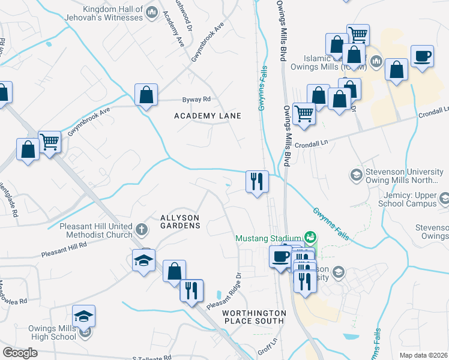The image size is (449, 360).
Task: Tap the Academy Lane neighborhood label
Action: [207, 116]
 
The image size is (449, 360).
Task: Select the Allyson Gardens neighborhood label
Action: [179, 221]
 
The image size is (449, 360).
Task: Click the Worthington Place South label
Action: [253, 317]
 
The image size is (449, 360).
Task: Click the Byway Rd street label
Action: [197, 100]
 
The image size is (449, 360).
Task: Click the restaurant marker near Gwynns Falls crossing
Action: [258, 181]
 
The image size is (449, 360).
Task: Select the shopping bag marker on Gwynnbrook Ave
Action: [146, 95]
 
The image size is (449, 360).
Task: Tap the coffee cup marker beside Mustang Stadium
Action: [280, 257]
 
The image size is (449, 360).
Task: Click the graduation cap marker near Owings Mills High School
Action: [84, 316]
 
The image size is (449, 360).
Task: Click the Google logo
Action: [20, 353]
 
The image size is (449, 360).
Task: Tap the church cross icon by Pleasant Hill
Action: [142, 229]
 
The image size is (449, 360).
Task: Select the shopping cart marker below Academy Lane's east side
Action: [304, 113]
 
